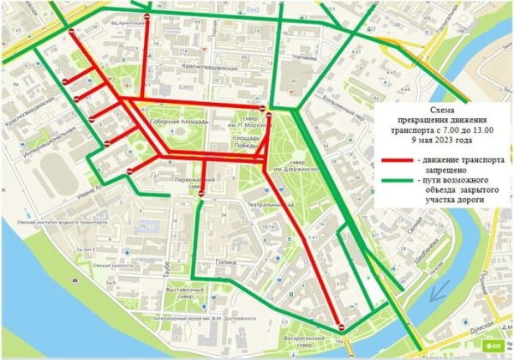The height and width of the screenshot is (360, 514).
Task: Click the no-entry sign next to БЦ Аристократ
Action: coord(146,17)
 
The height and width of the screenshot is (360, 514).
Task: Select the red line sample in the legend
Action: coord(390,160)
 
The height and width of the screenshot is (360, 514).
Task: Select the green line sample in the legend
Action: coord(390,182)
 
